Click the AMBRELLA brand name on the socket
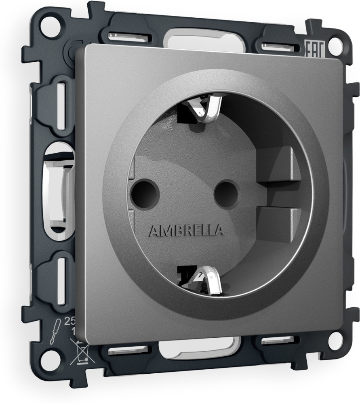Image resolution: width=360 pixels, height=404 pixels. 186,231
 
